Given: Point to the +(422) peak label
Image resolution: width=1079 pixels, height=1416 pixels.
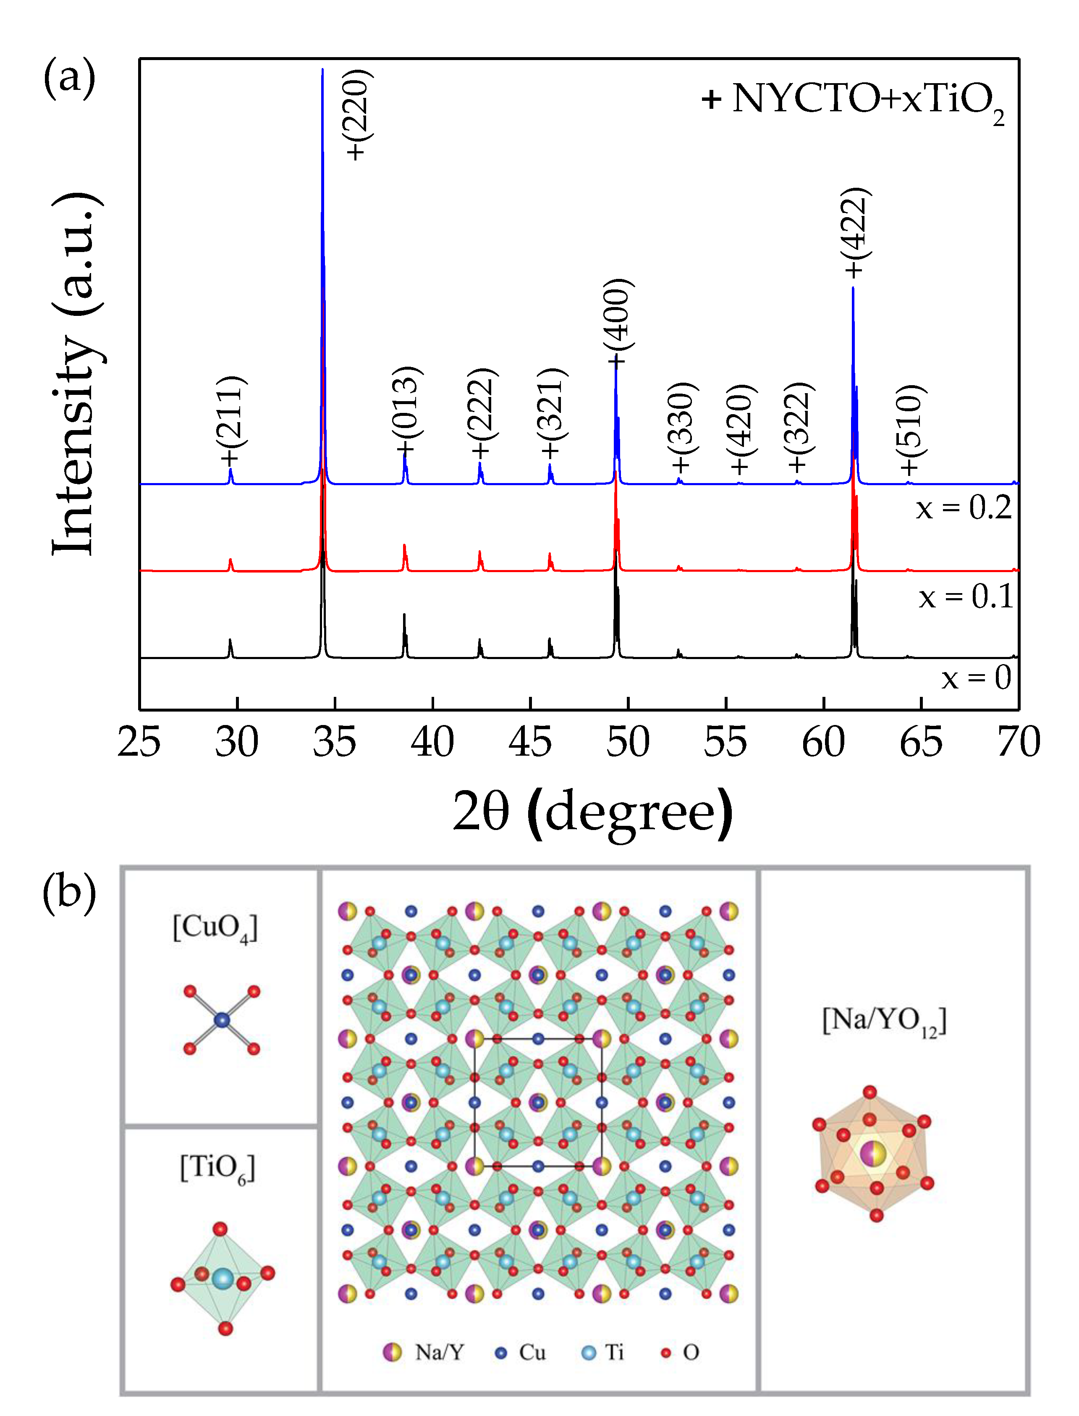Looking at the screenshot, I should (856, 233).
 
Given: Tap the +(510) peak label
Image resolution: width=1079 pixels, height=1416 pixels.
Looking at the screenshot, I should (909, 429).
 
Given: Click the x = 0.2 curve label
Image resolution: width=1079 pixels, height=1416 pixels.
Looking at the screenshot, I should (964, 507).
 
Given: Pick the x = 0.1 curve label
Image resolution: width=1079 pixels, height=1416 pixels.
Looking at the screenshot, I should (965, 596).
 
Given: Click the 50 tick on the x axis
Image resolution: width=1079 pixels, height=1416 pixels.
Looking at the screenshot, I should (628, 742).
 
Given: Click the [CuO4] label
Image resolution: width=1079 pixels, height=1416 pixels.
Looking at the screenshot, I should (215, 928).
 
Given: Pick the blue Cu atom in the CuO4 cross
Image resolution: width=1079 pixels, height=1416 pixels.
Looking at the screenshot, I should (222, 1019).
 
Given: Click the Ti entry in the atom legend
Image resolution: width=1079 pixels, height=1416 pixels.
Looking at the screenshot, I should (604, 1353).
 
